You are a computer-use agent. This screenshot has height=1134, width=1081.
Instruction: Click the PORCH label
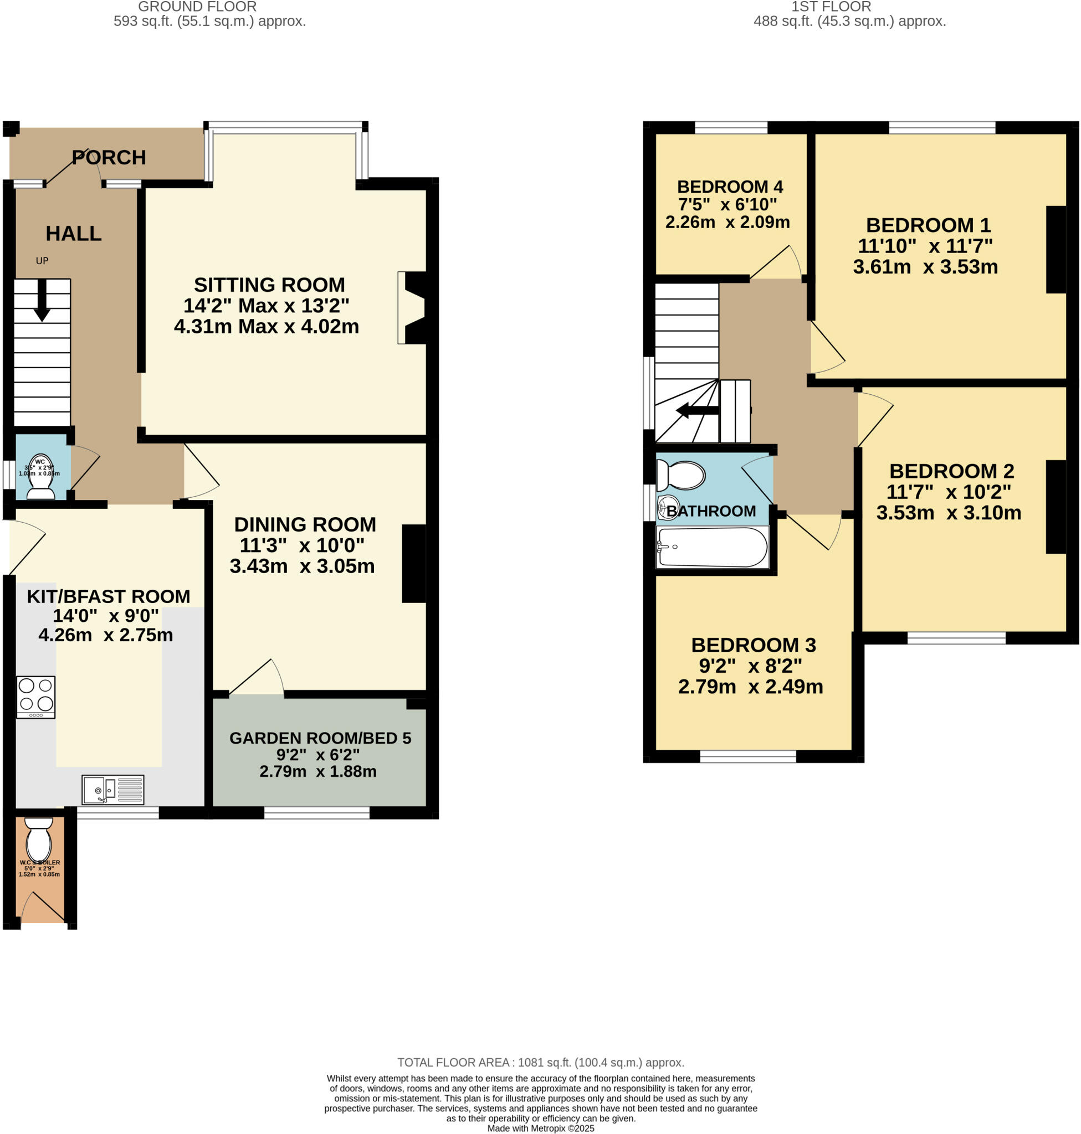pos(109,157)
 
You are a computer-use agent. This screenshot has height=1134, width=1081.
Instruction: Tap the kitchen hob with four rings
pos(35,697)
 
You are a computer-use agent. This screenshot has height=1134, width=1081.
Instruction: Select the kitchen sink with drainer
pos(113,789)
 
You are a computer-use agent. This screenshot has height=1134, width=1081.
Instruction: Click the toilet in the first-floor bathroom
pos(681,476)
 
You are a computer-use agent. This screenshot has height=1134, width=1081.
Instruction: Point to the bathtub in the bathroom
pos(712,547)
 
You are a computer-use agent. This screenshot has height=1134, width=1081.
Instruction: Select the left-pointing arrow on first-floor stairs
pos(696,411)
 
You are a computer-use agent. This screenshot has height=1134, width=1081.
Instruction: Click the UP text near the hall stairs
pos(42,260)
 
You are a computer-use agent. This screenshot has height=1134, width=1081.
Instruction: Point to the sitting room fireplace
pos(412,308)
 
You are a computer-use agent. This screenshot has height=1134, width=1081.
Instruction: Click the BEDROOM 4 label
pos(730,187)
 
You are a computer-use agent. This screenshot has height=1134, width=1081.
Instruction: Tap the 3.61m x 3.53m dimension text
pos(925,267)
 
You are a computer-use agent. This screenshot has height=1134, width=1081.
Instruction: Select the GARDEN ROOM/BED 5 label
pos(320,738)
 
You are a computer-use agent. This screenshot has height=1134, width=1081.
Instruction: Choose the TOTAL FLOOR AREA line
pos(541,1062)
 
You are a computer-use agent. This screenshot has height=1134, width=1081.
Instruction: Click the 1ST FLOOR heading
pos(831,7)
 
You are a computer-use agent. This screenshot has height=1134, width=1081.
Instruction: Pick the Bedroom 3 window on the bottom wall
pos(747,756)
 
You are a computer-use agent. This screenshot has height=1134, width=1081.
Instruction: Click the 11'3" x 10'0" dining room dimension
pos(302,545)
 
